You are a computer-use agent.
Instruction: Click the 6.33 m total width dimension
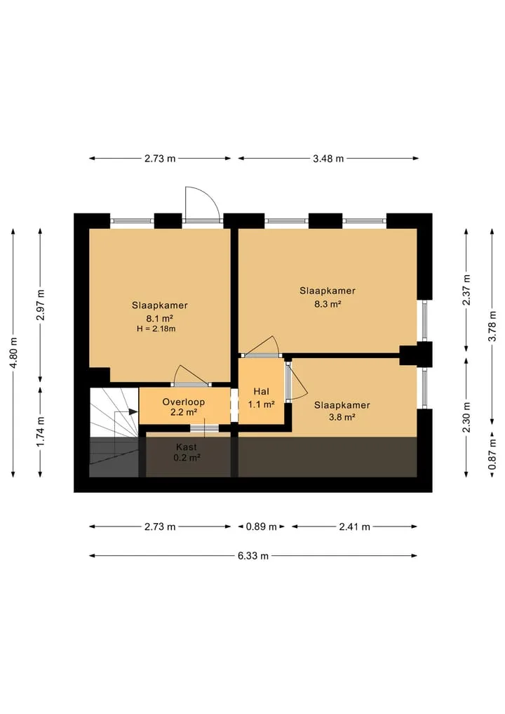click(253, 555)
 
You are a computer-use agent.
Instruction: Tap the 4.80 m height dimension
click(13, 353)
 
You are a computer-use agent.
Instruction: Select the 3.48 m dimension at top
click(328, 159)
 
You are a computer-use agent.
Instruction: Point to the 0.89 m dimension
click(261, 527)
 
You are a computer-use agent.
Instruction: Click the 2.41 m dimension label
click(354, 527)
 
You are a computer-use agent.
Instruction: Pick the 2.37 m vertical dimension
click(466, 290)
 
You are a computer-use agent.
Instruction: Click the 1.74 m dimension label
click(41, 431)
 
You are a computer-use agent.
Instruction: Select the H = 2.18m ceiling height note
click(156, 329)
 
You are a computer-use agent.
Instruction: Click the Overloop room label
click(183, 402)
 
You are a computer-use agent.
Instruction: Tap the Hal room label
click(261, 391)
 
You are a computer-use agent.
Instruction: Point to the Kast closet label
click(187, 447)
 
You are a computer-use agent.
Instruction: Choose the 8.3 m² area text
click(328, 304)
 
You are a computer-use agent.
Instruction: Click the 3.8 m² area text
click(342, 416)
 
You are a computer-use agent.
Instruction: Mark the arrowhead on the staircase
click(133, 411)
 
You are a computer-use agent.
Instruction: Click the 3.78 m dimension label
click(492, 326)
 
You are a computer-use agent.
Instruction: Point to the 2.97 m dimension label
click(41, 305)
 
